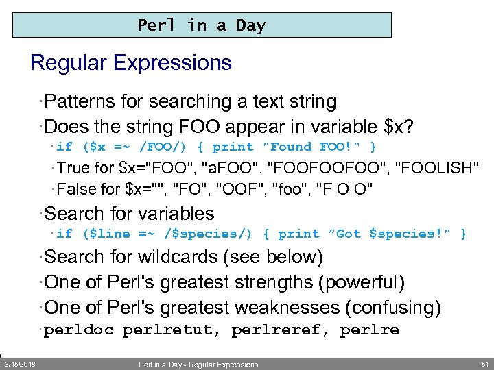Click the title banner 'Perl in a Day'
click(x=202, y=26)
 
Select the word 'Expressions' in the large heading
click(x=172, y=63)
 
